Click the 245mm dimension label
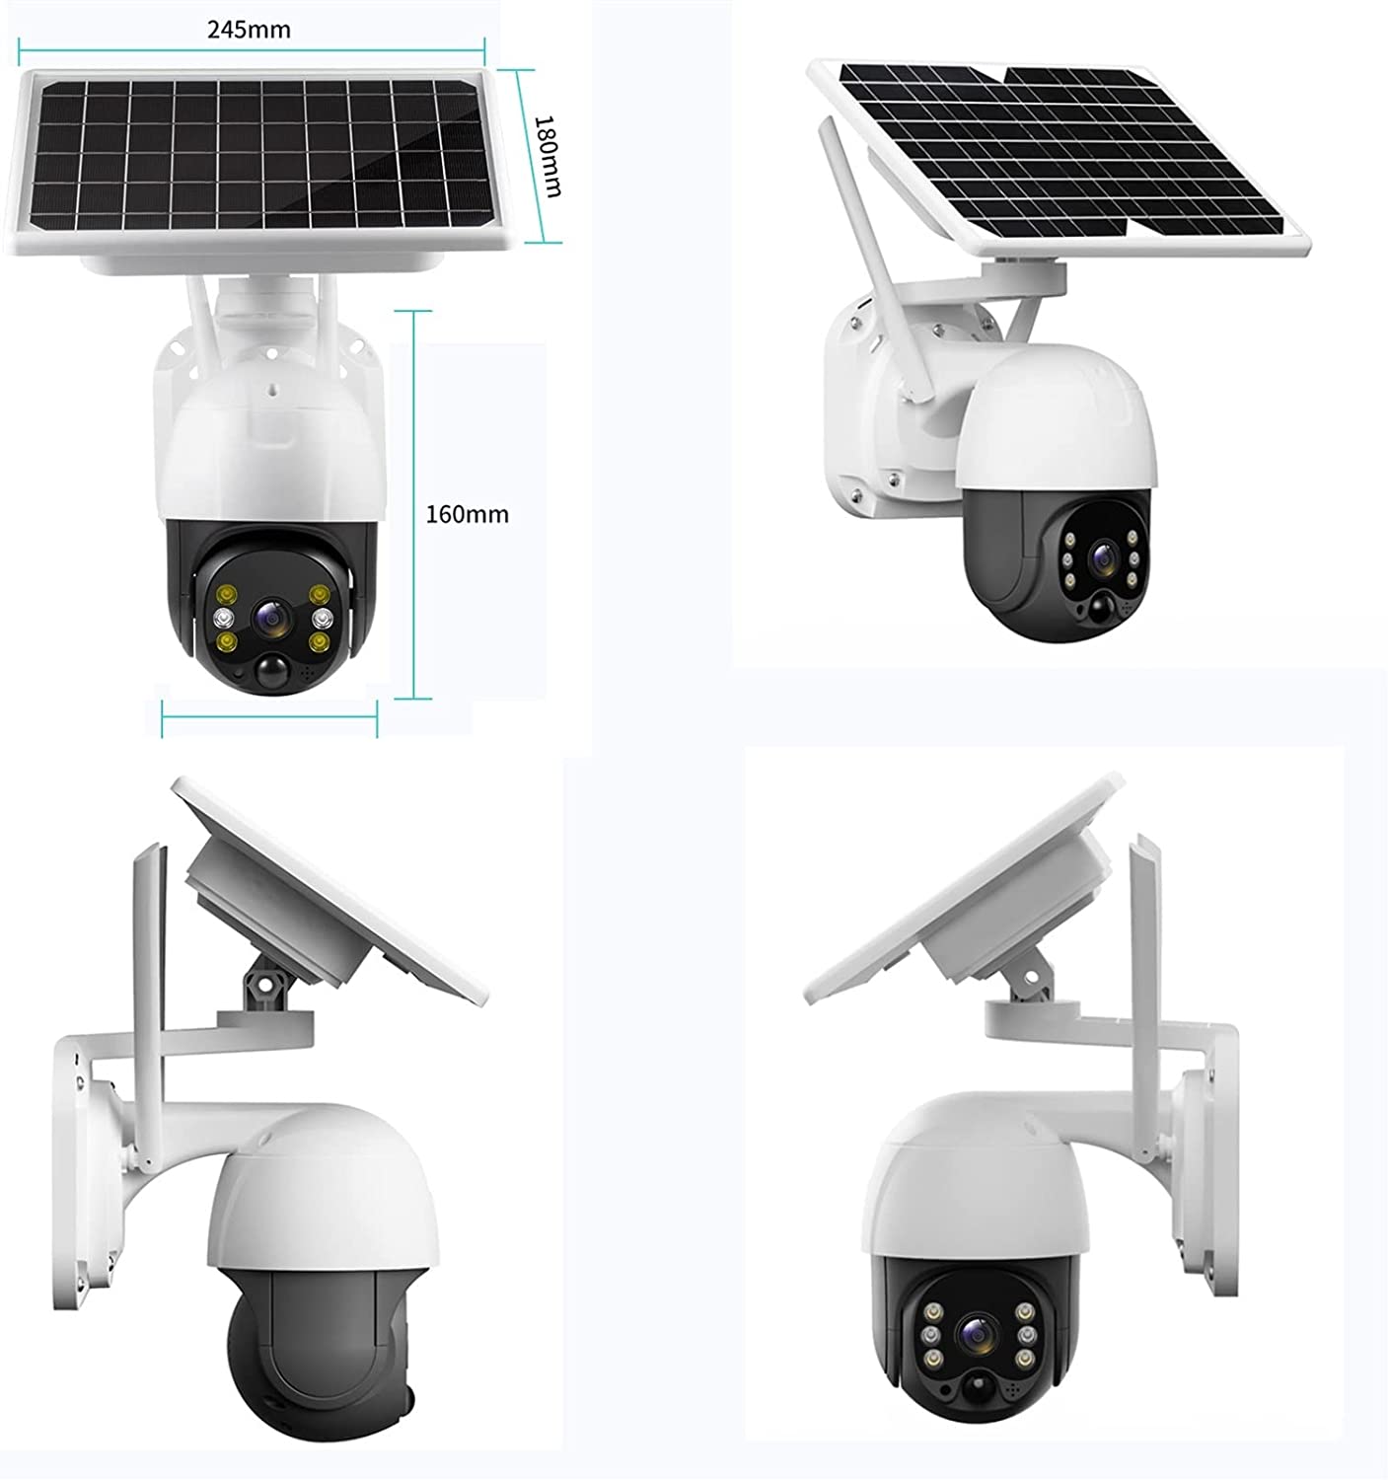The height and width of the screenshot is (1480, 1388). coord(249,30)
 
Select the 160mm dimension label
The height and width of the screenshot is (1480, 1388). coord(468,514)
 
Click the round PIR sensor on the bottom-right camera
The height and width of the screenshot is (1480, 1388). coord(976,1385)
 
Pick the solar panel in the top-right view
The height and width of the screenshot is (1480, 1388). coord(1059,157)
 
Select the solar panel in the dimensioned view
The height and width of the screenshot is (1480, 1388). coord(259,160)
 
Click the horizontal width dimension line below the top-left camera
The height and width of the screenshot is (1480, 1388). coord(269,717)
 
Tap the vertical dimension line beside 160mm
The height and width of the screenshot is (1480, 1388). coord(412,504)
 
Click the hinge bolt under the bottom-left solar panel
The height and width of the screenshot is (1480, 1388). coord(263,985)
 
